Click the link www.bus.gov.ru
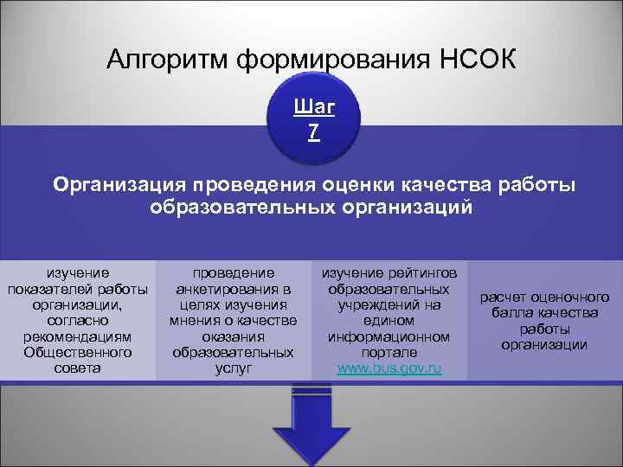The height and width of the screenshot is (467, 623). point(389,368)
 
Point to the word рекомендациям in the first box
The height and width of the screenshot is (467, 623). point(77,336)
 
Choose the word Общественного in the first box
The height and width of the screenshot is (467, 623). point(77,352)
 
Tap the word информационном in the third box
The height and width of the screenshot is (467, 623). point(389,336)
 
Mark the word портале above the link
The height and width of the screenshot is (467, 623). point(389,352)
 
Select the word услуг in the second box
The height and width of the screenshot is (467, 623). point(233,368)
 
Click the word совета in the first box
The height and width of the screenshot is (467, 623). point(77,368)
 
